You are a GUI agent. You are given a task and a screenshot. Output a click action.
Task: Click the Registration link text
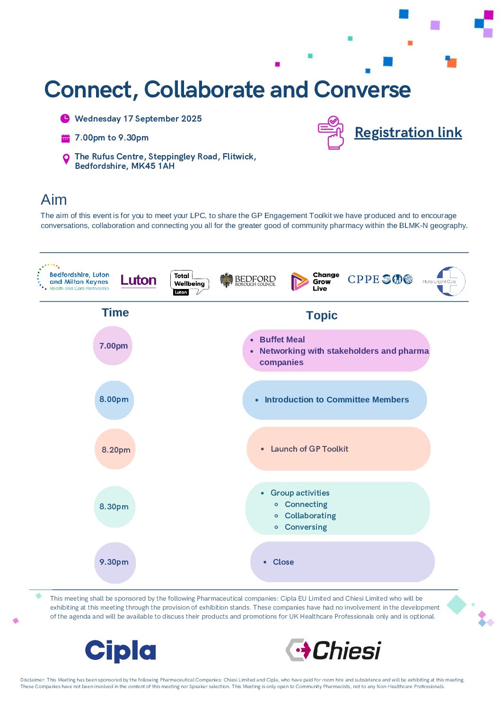[408, 132]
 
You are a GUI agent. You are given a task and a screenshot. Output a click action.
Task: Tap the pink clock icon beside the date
[65, 119]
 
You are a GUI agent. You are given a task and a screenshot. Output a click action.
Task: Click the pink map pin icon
[66, 159]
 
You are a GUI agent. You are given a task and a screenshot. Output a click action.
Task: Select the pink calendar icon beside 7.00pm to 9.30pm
[65, 139]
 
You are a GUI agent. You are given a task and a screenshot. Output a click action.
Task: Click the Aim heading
[54, 200]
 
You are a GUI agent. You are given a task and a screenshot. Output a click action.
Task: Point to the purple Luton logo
[139, 280]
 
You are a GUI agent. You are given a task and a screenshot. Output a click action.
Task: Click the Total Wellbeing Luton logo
[189, 282]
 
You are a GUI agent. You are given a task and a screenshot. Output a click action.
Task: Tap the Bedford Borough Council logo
[248, 280]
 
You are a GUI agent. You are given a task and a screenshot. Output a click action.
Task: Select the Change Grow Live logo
[315, 281]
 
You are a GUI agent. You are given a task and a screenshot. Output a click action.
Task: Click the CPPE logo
[380, 280]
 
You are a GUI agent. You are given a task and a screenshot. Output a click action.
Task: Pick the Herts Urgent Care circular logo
[445, 281]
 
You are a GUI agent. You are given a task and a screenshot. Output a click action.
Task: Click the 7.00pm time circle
[113, 346]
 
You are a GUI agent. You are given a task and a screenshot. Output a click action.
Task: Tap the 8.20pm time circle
[115, 449]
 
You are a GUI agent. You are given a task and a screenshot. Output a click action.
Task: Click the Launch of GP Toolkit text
[309, 449]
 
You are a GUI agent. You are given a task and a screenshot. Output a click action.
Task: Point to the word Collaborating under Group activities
[310, 516]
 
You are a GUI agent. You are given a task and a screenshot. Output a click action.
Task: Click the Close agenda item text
[283, 562]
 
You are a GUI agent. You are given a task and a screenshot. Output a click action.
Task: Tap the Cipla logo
[121, 651]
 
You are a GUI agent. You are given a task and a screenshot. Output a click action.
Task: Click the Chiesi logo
[334, 650]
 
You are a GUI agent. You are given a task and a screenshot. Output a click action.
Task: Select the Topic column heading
[322, 315]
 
